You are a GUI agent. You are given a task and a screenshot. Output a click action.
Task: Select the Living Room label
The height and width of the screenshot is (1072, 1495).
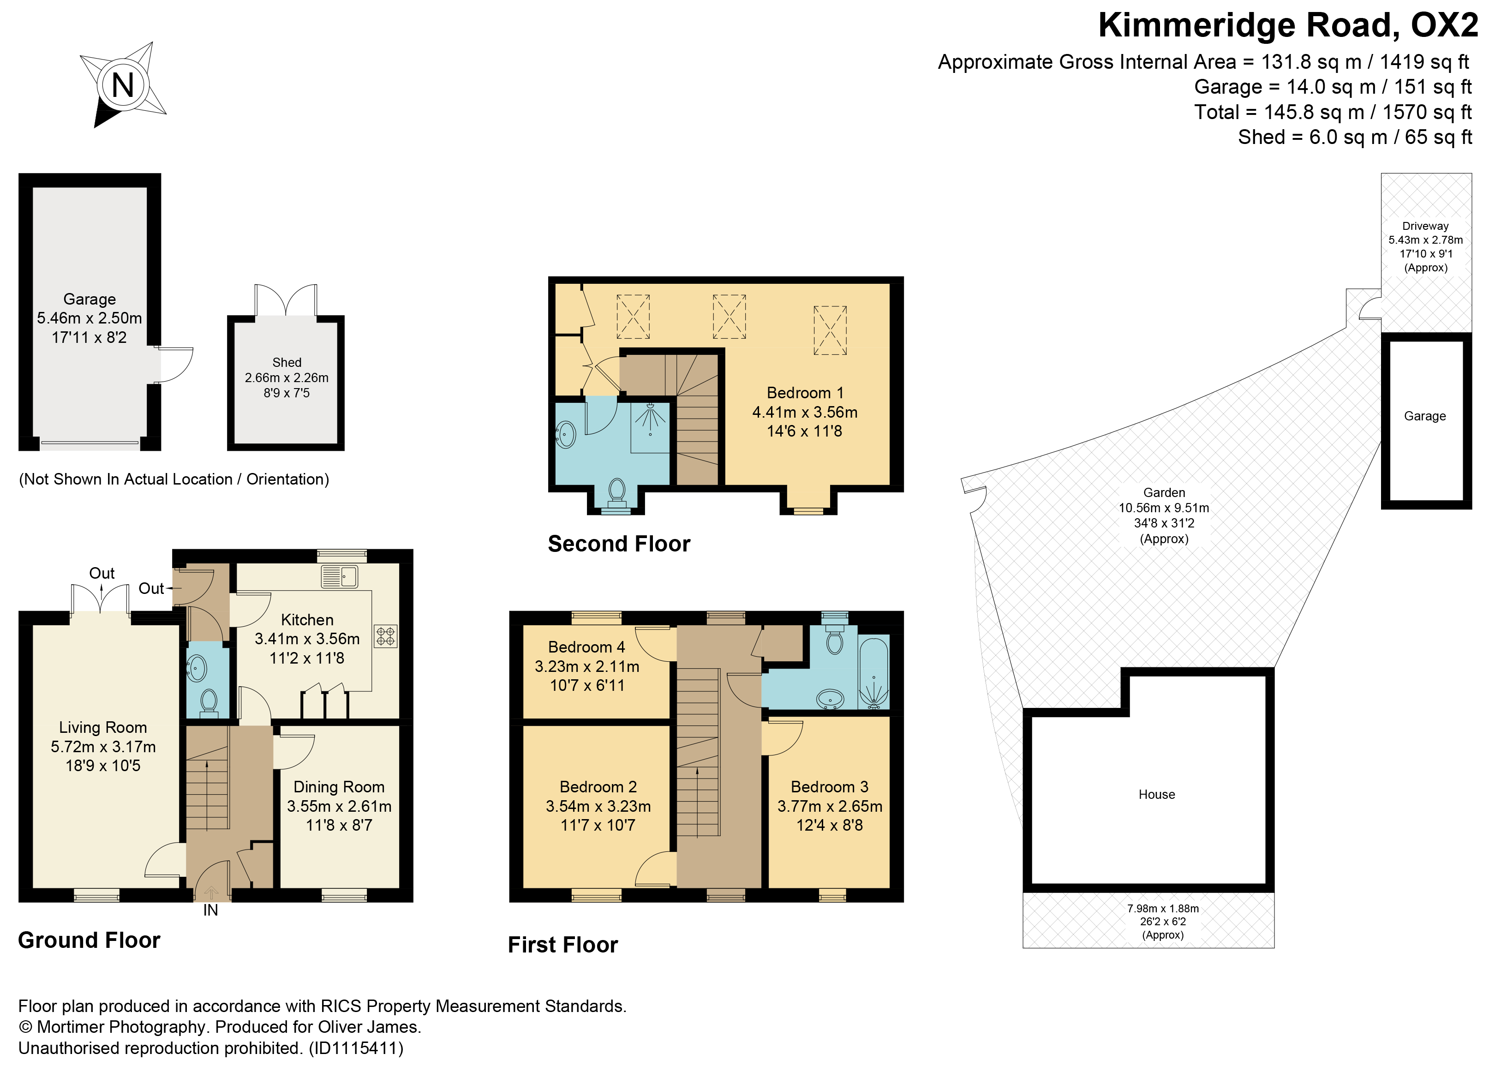coord(103,727)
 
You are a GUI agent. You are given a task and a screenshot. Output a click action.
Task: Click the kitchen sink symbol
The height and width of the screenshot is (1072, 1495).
coord(340,577)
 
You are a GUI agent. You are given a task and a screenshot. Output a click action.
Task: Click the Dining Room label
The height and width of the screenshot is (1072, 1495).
coord(339,786)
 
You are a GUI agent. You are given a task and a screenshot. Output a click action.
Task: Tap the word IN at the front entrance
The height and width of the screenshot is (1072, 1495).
coord(210,910)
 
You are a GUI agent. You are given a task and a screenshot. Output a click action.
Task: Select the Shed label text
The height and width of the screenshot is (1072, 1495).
coord(287,363)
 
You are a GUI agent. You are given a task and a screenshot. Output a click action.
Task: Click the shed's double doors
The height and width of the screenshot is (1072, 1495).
coord(286,300)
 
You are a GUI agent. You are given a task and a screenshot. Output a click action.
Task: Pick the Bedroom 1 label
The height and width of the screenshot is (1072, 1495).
coord(805,393)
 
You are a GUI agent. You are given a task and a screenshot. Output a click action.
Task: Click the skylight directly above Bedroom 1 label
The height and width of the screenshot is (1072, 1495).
coord(830,330)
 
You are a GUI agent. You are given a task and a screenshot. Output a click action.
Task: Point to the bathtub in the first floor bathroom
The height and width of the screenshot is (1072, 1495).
coord(874,672)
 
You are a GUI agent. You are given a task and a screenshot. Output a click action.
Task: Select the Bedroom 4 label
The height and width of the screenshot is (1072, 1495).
coord(586,647)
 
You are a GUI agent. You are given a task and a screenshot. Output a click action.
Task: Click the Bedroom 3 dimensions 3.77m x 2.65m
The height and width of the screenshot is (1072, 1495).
coord(830,806)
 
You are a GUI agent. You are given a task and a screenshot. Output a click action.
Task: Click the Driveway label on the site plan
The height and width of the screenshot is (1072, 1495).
coord(1425,226)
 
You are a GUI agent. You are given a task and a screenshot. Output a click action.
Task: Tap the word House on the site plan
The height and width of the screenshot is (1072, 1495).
coord(1157,795)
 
